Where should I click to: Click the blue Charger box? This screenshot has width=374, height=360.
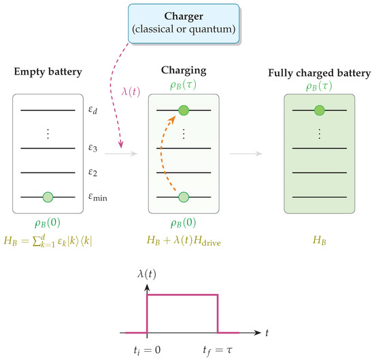click(x=184, y=24)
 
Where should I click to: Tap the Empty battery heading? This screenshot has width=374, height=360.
click(x=48, y=72)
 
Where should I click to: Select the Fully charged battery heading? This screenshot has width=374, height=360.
click(x=320, y=73)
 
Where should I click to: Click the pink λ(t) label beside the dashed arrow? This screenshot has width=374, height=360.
click(x=131, y=92)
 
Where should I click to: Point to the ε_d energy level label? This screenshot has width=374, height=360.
click(x=92, y=110)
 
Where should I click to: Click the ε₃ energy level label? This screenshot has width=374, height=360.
click(x=92, y=148)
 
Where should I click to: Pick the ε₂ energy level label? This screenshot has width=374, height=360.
click(x=92, y=173)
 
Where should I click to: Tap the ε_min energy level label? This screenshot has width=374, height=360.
click(x=98, y=197)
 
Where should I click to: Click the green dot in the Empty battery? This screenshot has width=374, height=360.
click(x=48, y=197)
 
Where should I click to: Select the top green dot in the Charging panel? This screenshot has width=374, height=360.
click(x=184, y=110)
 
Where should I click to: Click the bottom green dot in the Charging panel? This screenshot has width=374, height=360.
click(x=184, y=197)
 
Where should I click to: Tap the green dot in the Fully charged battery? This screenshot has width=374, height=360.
click(x=320, y=110)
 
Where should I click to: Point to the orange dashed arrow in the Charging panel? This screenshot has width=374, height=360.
click(x=161, y=152)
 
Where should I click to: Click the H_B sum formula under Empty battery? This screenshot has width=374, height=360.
click(x=48, y=241)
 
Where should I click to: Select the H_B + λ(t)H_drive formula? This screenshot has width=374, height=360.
click(x=184, y=240)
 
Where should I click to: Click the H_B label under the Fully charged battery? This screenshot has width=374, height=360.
click(x=320, y=240)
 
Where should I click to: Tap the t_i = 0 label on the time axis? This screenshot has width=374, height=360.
click(x=147, y=350)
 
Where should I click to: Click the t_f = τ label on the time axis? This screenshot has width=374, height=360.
click(x=218, y=350)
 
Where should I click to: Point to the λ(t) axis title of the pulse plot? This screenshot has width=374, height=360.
click(x=147, y=274)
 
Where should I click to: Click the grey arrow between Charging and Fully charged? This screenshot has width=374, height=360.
click(x=246, y=154)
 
